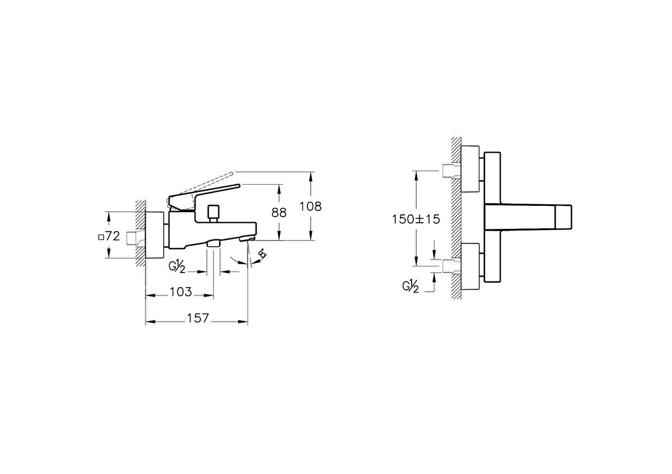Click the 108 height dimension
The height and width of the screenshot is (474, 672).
(x=310, y=207)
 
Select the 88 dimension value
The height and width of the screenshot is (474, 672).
(x=279, y=213)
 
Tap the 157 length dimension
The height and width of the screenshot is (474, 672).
(x=198, y=318)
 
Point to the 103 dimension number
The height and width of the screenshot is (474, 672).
(x=180, y=292)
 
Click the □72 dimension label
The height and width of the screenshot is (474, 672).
(x=109, y=236)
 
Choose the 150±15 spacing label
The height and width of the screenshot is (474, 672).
(x=416, y=219)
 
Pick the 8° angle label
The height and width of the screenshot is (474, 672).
(x=263, y=254)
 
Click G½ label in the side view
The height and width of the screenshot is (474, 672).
(x=177, y=266)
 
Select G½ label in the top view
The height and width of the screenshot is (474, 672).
(x=410, y=287)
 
